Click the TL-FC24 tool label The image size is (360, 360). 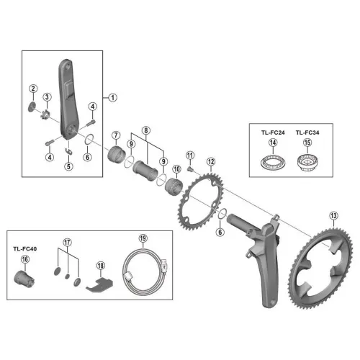(x=273, y=132)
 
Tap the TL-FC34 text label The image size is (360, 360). (x=307, y=132)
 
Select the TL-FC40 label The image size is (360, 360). (x=25, y=249)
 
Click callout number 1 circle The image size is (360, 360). (x=112, y=98)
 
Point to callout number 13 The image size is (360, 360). (x=334, y=216)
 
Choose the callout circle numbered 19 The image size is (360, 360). (x=143, y=238)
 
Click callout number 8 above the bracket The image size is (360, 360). (x=146, y=130)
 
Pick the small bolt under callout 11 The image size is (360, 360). (x=190, y=169)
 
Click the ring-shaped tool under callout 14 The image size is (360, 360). (x=273, y=162)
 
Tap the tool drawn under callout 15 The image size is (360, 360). (x=307, y=163)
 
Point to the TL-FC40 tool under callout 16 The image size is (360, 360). (x=24, y=279)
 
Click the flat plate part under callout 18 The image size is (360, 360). (x=99, y=284)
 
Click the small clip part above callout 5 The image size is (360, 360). (x=69, y=151)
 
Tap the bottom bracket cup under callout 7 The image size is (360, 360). (x=117, y=154)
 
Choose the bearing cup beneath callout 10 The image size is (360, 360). (x=174, y=186)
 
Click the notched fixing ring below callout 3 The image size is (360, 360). (x=46, y=114)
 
